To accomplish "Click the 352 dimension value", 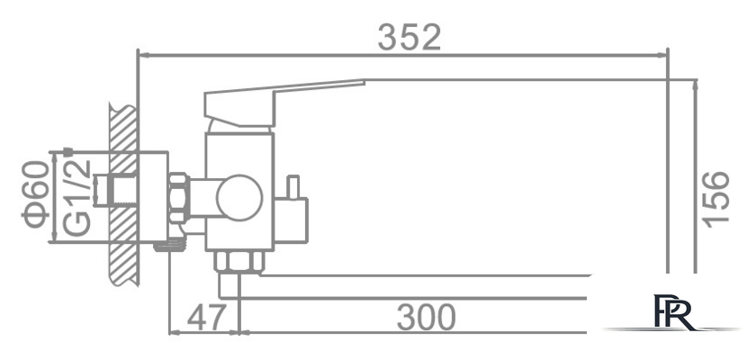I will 409,37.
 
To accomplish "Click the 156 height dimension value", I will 715,199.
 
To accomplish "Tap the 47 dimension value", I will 205,318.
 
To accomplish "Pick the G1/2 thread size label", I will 78,195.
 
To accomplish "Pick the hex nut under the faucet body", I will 239,262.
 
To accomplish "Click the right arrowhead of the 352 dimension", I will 664,54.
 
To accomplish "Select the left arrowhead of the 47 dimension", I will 175,332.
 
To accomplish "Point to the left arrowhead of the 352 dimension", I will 141,54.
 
